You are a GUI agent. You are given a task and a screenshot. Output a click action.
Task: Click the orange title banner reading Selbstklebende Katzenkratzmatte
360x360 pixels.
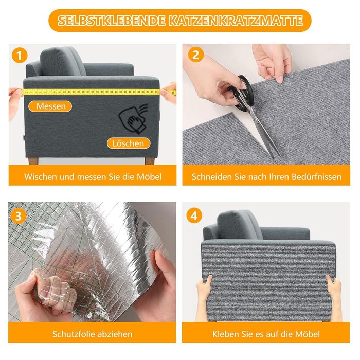180,21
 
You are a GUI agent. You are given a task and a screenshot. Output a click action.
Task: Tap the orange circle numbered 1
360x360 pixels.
20,56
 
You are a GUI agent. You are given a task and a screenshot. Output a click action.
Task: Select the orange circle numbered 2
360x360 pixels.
195,55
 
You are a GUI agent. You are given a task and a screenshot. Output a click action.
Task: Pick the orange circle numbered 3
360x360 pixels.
18,216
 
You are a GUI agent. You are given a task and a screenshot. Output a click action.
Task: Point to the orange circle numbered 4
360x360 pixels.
194,215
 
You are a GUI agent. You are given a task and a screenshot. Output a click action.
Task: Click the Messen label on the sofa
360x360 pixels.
50,106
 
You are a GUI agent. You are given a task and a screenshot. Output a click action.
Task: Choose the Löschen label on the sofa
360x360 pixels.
129,143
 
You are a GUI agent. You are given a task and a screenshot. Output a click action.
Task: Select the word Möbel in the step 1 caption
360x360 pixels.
149,177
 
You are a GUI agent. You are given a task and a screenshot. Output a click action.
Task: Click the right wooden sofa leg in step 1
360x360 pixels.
150,160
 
